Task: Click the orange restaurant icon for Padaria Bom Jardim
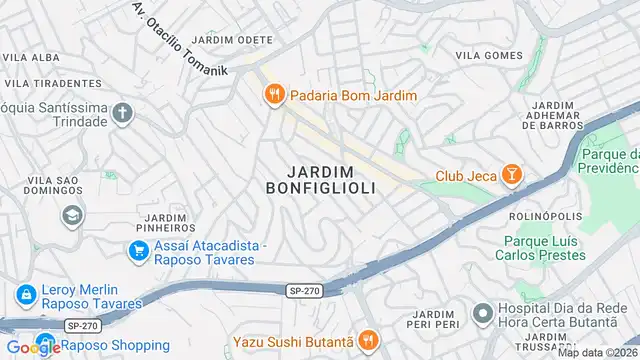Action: pyautogui.click(x=273, y=96)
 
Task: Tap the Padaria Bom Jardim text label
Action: pyautogui.click(x=354, y=96)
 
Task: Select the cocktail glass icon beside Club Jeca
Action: pyautogui.click(x=511, y=176)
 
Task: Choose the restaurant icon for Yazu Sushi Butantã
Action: pyautogui.click(x=368, y=342)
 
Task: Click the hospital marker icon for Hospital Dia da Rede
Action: pyautogui.click(x=482, y=314)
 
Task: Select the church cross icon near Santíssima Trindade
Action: pyautogui.click(x=123, y=112)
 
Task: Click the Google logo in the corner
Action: pyautogui.click(x=31, y=347)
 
